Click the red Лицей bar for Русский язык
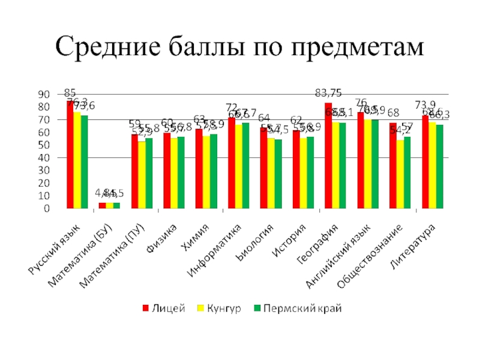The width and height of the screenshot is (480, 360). (x=70, y=155)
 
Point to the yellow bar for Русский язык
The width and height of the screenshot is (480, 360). (x=77, y=160)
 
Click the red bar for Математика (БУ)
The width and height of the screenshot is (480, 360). (x=102, y=206)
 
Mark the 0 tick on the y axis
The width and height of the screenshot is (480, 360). (x=46, y=209)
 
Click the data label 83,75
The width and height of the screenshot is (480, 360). (x=329, y=92)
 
